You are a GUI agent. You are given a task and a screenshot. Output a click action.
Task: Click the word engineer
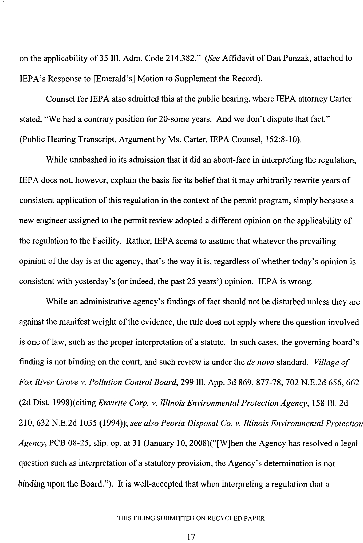[55, 221]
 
